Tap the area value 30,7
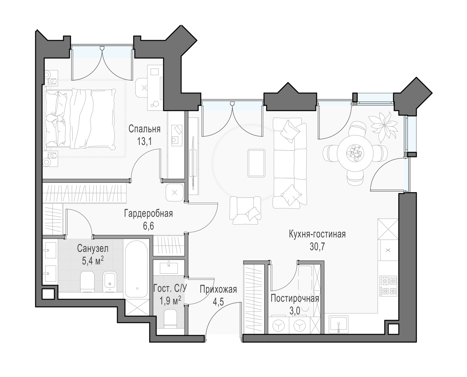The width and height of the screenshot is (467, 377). (317, 247)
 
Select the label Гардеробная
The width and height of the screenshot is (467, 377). (149, 214)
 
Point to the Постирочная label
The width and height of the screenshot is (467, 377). (295, 298)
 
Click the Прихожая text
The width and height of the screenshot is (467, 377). (218, 289)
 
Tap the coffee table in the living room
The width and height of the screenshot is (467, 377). (256, 163)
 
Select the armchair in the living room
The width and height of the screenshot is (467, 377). (245, 211)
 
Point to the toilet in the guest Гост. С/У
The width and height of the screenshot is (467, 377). (170, 319)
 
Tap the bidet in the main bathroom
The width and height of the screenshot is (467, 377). (110, 282)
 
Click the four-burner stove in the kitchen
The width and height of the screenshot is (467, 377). (389, 286)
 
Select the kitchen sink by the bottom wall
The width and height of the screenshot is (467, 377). (339, 324)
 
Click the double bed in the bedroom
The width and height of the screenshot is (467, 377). (80, 119)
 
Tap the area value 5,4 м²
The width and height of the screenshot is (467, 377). (92, 261)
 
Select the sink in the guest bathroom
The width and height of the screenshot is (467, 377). (169, 268)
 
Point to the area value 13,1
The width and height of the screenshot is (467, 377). (144, 142)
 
